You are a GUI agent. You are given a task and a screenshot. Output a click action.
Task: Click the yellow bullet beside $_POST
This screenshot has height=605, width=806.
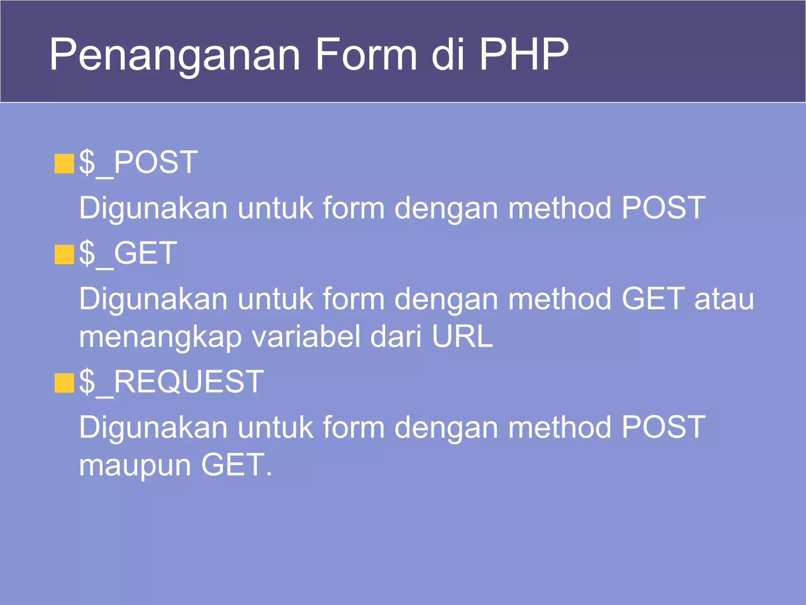[x=64, y=164]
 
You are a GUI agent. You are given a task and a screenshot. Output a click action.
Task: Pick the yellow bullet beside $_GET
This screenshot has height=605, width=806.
[x=64, y=254]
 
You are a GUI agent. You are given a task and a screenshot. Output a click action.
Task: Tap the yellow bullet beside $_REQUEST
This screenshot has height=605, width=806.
[x=64, y=383]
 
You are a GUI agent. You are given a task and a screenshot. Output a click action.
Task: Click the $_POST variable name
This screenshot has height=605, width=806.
[x=138, y=162]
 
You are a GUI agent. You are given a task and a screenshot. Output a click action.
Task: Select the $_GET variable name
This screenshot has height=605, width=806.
[x=128, y=253]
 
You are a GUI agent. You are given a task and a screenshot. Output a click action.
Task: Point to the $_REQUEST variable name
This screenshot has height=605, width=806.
[x=171, y=382]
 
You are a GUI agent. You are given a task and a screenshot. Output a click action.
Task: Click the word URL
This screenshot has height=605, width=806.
[x=462, y=337]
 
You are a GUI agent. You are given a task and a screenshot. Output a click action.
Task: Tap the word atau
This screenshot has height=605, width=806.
[x=724, y=299]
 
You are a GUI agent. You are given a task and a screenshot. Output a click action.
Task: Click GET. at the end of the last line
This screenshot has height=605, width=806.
[x=237, y=465]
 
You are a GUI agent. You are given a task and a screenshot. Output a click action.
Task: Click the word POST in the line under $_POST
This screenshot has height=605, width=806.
[x=664, y=208]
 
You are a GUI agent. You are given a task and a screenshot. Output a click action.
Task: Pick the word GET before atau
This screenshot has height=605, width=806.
[x=653, y=299]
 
